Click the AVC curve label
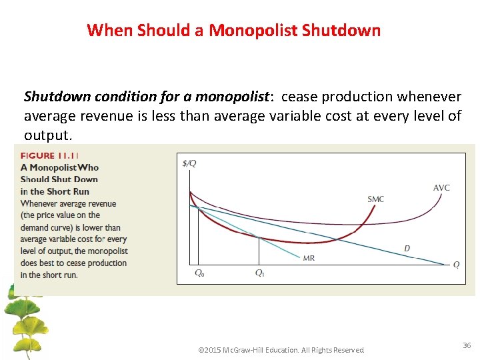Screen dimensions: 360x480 pyautogui.click(x=441, y=188)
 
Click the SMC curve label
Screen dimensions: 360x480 pyautogui.click(x=375, y=199)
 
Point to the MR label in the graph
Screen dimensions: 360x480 pyautogui.click(x=309, y=258)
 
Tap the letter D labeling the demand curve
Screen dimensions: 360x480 pyautogui.click(x=407, y=249)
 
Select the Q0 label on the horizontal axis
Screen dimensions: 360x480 pyautogui.click(x=199, y=273)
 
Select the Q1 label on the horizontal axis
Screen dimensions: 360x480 pyautogui.click(x=259, y=273)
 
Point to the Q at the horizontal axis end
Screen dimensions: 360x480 pyautogui.click(x=456, y=265)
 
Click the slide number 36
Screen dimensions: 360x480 pyautogui.click(x=466, y=345)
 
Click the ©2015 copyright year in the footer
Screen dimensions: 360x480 pyautogui.click(x=211, y=350)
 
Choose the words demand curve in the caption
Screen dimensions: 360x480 pyautogui.click(x=49, y=227)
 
